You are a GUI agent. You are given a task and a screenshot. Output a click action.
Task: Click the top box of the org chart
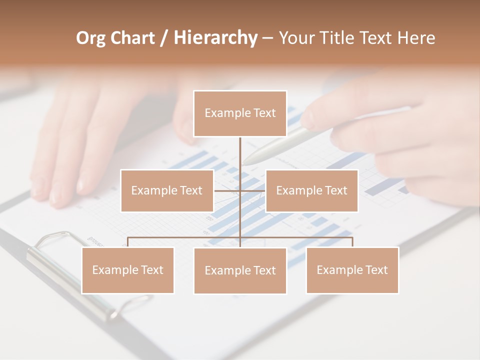[x=240, y=113]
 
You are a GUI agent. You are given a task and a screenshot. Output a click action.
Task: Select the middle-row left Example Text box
[x=167, y=190]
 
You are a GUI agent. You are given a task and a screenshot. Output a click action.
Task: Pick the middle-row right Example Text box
[x=311, y=190]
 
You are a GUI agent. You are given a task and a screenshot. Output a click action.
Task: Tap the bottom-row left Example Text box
[x=127, y=270]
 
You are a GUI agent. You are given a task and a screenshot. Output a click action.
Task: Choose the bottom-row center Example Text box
[x=240, y=270]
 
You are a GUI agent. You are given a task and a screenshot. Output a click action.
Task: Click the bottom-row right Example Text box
[x=352, y=270]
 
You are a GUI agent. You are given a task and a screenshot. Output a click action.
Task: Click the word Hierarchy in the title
[x=215, y=38]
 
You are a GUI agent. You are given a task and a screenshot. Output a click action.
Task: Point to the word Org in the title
[x=90, y=38]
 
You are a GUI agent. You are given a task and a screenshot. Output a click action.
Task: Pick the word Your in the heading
[x=294, y=38]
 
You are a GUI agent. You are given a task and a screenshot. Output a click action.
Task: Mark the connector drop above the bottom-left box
[x=127, y=242]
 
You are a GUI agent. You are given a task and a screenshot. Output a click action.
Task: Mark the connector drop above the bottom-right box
[x=352, y=242]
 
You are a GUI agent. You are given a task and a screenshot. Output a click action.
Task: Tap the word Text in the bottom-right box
[x=376, y=270]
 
